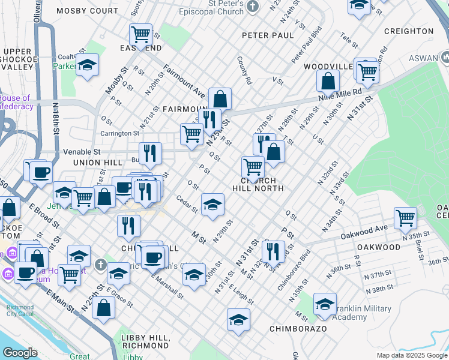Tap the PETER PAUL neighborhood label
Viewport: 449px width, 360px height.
tap(268, 35)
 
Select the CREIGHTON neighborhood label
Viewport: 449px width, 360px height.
tap(409, 31)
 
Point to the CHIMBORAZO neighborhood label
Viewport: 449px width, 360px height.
tap(298, 329)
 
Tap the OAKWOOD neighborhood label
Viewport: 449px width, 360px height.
tap(378, 247)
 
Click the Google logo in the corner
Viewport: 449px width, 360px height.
tap(20, 353)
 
